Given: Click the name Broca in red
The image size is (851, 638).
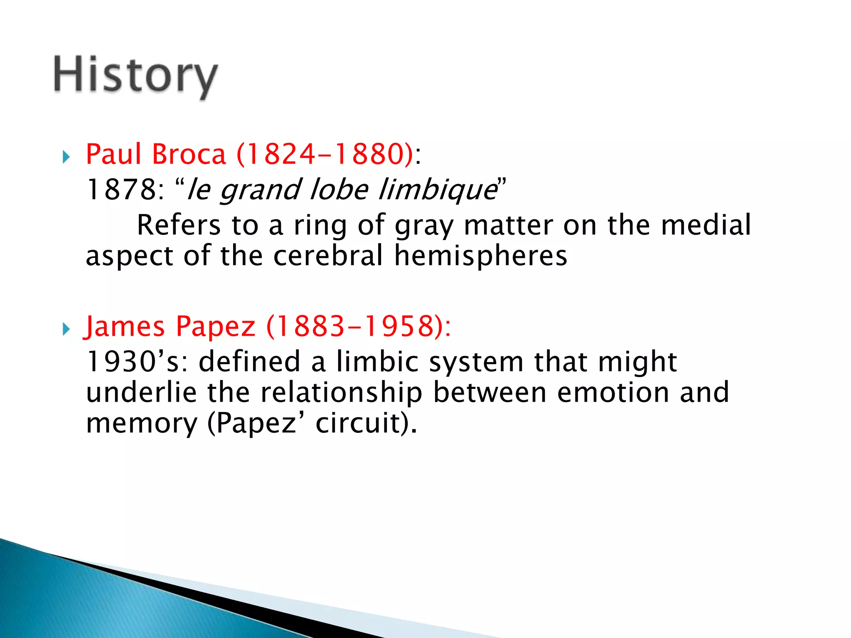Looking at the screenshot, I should point(189,154).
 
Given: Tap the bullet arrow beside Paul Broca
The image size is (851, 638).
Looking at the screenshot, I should point(66,157).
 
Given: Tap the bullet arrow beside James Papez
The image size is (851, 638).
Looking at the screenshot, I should point(66,329).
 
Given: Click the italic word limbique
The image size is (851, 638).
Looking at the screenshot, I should point(437,190).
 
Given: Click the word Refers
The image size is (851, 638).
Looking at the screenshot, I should point(179,225).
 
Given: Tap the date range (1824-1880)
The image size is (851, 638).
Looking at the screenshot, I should point(325,154).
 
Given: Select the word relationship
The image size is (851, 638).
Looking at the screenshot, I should point(341,392).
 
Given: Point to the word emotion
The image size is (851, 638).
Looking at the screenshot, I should point(613,392).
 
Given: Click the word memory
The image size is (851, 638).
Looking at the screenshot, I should point(142,424).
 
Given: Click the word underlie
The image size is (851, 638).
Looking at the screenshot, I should point(141,392).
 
